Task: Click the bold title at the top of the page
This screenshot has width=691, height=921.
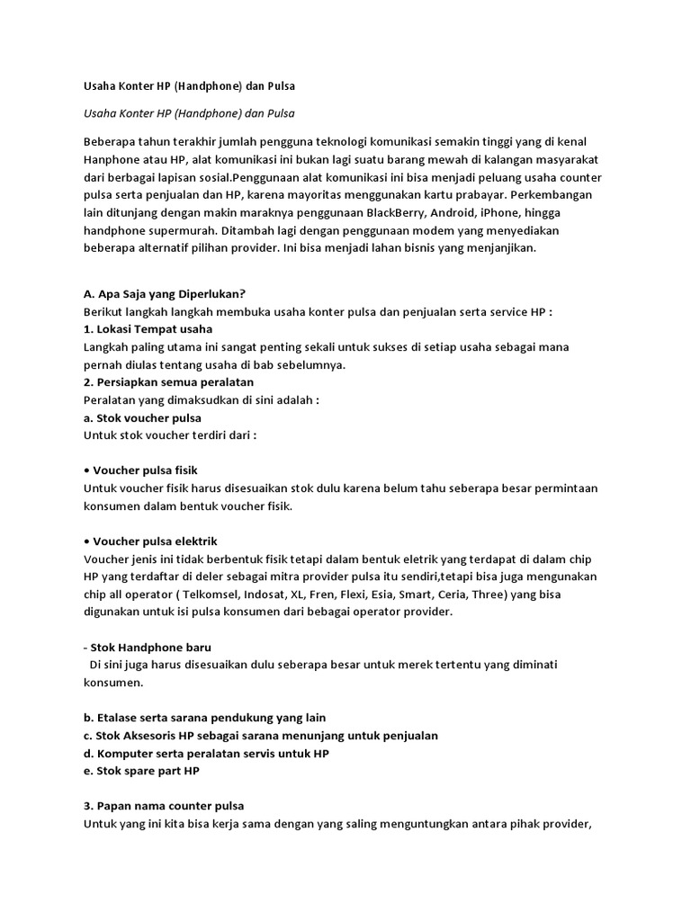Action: coord(189,86)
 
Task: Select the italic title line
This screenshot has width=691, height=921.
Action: coord(189,114)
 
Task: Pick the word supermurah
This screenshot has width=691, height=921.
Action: coord(171,231)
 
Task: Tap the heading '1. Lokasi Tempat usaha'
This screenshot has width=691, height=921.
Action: coord(148,329)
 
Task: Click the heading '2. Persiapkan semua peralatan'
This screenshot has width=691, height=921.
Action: coord(168,382)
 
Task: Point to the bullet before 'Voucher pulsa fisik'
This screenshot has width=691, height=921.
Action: coord(86,470)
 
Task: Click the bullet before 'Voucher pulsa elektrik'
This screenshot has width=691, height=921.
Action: coord(86,541)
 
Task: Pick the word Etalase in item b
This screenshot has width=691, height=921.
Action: coord(117,718)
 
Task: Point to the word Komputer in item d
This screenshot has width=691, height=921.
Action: coord(123,753)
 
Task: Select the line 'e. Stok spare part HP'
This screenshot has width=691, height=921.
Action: coord(141,771)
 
